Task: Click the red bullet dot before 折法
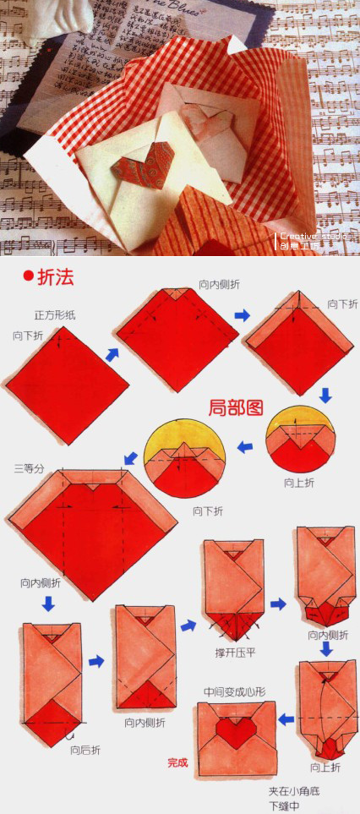[x=27, y=275]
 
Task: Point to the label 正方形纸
[x=55, y=314]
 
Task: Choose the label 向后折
[x=86, y=749]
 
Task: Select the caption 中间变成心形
[x=234, y=691]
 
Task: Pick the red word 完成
[x=177, y=762]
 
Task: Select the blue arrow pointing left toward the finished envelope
[x=286, y=720]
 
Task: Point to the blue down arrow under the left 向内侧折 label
[x=48, y=604]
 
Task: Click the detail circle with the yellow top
[x=186, y=457]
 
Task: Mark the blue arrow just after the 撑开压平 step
[x=278, y=604]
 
